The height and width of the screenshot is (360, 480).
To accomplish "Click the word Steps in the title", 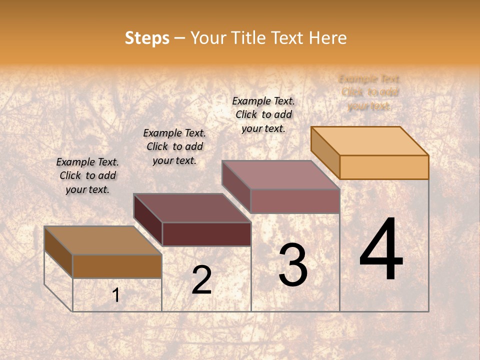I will pyautogui.click(x=147, y=38).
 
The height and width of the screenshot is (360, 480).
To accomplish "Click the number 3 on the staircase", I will pyautogui.click(x=293, y=265).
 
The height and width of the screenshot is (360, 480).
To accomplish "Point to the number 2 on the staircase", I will pyautogui.click(x=201, y=280).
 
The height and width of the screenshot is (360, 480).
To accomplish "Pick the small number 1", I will pyautogui.click(x=116, y=295).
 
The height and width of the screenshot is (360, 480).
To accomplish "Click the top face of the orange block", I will pyautogui.click(x=370, y=140).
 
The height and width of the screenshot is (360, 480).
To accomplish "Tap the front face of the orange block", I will pyautogui.click(x=384, y=167).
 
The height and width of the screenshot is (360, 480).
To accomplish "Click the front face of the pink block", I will pyautogui.click(x=295, y=201).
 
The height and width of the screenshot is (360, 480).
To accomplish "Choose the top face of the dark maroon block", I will pyautogui.click(x=192, y=208).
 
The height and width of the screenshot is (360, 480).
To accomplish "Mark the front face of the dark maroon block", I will pyautogui.click(x=206, y=234).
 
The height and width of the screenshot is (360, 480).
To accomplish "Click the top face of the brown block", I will pyautogui.click(x=103, y=240).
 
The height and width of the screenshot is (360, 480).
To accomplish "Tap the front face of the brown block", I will pyautogui.click(x=117, y=266).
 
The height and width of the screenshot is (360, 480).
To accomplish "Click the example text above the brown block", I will pyautogui.click(x=87, y=175).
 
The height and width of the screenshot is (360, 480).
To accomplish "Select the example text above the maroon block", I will pyautogui.click(x=174, y=146).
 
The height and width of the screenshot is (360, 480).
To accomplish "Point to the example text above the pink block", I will pyautogui.click(x=263, y=114).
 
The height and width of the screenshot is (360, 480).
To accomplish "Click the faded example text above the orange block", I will pyautogui.click(x=369, y=92).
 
